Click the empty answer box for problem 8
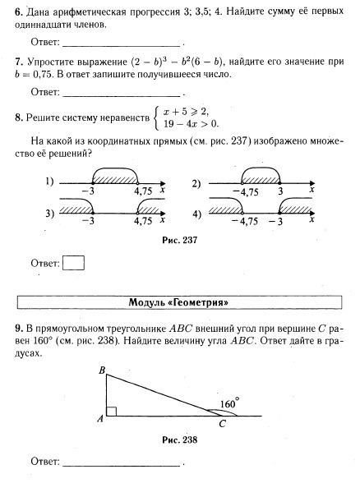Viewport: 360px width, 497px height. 74,264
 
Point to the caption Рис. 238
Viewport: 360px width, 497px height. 179,439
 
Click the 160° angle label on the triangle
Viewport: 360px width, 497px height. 229,403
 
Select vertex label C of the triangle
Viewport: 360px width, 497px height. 221,424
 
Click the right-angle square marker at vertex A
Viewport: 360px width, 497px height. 112,411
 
